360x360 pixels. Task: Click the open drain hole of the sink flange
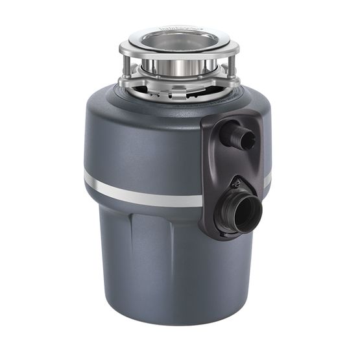[178, 40]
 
